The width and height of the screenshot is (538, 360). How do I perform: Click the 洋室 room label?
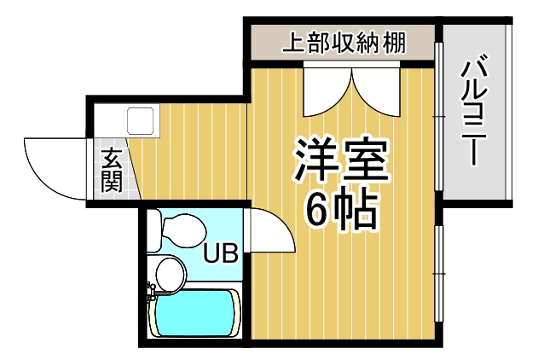click(x=340, y=160)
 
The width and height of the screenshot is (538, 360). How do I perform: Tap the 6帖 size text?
click(x=342, y=210)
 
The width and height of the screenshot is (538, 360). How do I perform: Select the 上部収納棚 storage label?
click(x=344, y=43)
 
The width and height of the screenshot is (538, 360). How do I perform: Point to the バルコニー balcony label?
click(x=474, y=110)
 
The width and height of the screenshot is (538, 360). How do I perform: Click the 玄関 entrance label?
click(x=112, y=169)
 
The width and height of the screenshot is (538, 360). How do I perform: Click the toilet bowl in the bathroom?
click(x=184, y=230)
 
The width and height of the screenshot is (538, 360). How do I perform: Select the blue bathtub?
click(x=194, y=313)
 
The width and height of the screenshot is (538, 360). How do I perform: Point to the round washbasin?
click(x=171, y=274)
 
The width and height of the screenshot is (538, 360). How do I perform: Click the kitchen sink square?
click(x=140, y=120)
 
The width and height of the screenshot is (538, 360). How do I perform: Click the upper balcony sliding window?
click(x=438, y=116)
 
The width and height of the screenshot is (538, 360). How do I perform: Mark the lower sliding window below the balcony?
click(x=438, y=274)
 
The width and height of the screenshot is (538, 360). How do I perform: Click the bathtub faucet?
click(x=152, y=291)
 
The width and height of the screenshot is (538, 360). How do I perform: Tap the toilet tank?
click(x=154, y=230)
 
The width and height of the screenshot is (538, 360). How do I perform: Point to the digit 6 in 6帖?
click(x=317, y=210)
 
